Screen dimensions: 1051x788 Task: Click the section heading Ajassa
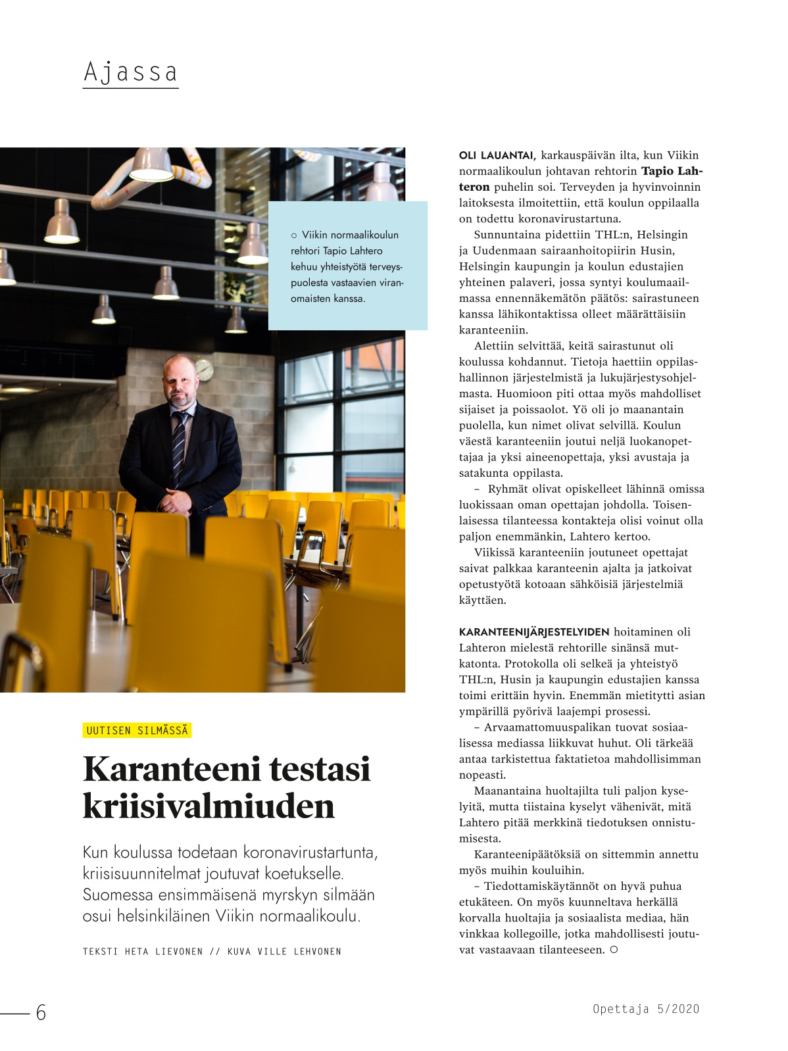(x=130, y=72)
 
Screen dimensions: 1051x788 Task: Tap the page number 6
(x=41, y=1013)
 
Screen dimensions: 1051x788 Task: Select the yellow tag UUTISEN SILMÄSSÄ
(x=137, y=731)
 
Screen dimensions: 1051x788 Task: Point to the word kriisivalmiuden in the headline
(x=209, y=806)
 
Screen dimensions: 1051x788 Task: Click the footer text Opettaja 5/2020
(x=645, y=1009)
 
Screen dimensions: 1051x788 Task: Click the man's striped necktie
(x=178, y=447)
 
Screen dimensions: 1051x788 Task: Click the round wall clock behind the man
(x=203, y=368)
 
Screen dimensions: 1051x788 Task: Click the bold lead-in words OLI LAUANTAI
(x=497, y=156)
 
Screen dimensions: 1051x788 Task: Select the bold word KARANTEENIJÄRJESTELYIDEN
(x=534, y=632)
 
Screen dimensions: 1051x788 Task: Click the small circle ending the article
(x=614, y=950)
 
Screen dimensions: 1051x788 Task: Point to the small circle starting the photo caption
(x=294, y=235)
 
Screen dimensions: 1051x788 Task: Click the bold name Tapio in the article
(x=659, y=171)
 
